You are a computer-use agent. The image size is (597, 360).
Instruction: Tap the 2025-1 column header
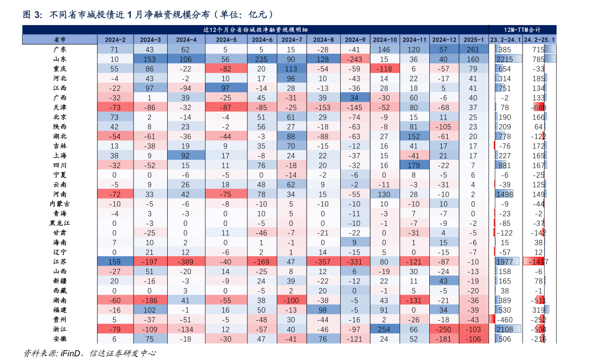pyautogui.click(x=473, y=40)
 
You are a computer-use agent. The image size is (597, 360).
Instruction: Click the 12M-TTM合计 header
pyautogui.click(x=522, y=30)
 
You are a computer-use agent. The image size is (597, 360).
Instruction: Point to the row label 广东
pyautogui.click(x=60, y=50)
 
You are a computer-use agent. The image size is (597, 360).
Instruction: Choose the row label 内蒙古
pyautogui.click(x=60, y=204)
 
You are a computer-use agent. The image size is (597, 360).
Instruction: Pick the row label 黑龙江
pyautogui.click(x=60, y=223)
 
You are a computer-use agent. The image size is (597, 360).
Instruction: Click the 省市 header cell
pyautogui.click(x=60, y=40)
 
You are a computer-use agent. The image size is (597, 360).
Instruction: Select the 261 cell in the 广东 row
pyautogui.click(x=473, y=50)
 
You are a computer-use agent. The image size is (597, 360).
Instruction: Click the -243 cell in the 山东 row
pyautogui.click(x=355, y=59)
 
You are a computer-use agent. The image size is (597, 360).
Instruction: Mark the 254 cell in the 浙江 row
pyautogui.click(x=385, y=329)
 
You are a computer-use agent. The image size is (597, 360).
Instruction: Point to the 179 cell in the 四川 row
pyautogui.click(x=414, y=166)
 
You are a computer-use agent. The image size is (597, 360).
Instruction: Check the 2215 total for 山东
pyautogui.click(x=505, y=59)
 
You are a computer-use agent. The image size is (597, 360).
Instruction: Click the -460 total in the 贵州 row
pyautogui.click(x=505, y=320)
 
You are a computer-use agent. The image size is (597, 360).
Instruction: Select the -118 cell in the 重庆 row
pyautogui.click(x=385, y=69)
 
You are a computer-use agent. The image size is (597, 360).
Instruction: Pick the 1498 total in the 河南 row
pyautogui.click(x=505, y=194)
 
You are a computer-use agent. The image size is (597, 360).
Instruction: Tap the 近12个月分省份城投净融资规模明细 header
pyautogui.click(x=255, y=30)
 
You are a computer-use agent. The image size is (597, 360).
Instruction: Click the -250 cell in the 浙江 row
pyautogui.click(x=444, y=329)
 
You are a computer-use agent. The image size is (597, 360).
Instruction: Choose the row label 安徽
pyautogui.click(x=60, y=339)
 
